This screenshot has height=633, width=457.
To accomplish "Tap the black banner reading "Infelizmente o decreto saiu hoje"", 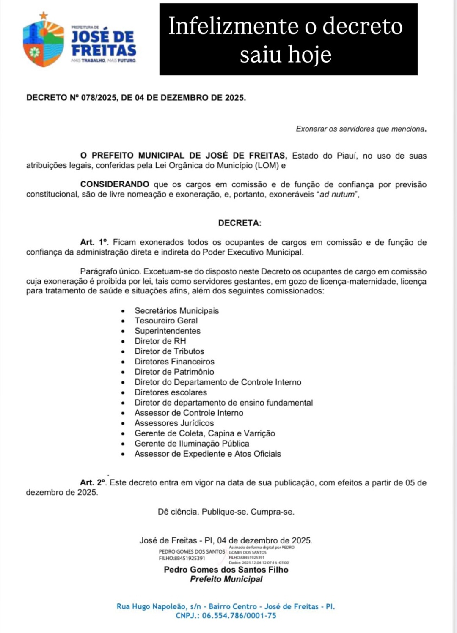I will tap(288, 39).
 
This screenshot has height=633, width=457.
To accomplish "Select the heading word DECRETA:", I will tap(240, 223).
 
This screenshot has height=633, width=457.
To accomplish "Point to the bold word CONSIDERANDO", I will tap(115, 184).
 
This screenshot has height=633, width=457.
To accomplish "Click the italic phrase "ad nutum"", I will tap(336, 195).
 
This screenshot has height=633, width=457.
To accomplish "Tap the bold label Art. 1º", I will tap(94, 242).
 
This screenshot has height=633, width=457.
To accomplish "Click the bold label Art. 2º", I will tap(93, 482).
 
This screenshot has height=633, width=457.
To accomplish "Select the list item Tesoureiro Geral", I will tap(166, 321).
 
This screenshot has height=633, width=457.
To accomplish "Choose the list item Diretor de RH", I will tap(160, 341).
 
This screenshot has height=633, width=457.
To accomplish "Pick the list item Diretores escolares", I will tap(171, 392).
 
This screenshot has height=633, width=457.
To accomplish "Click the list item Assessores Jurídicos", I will tap(174, 423).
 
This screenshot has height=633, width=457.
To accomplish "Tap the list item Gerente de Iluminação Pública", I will tap(192, 444).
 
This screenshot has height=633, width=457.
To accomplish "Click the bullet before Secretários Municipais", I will tap(123, 311).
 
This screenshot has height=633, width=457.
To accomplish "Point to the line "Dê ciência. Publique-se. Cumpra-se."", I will tap(226, 512).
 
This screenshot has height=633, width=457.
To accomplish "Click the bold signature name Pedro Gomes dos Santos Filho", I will tap(226, 570).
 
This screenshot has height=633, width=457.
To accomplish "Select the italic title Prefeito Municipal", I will tap(226, 579).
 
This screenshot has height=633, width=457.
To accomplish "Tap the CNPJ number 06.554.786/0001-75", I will tap(239, 616).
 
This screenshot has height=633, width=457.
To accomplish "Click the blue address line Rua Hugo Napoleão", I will tap(226, 606).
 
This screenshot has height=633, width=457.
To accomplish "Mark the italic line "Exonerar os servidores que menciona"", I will tap(361, 129).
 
